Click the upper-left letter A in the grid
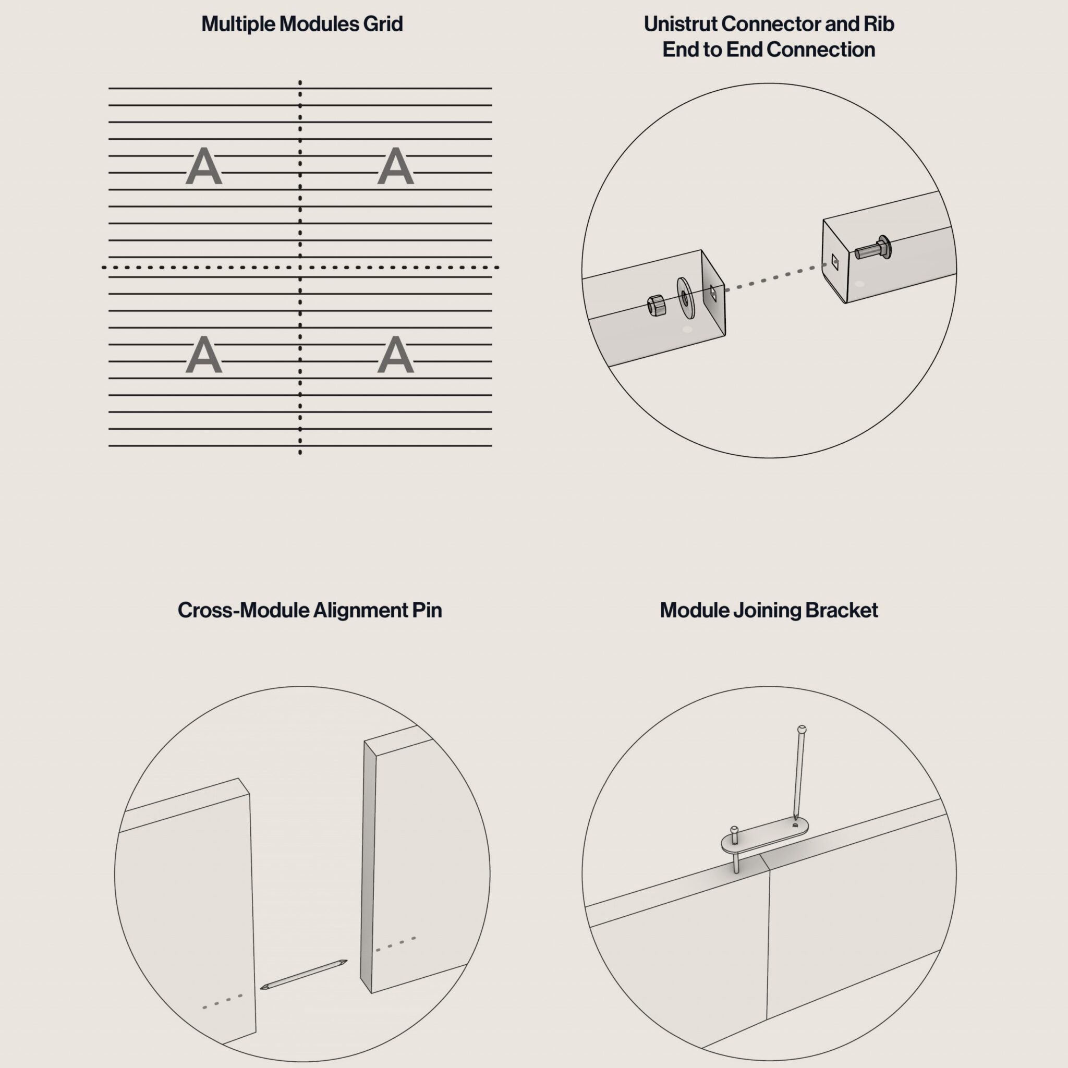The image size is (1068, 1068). [x=203, y=166]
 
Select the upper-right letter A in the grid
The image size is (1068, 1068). [x=395, y=166]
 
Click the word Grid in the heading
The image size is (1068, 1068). [x=383, y=24]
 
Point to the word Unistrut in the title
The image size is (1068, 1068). [x=680, y=24]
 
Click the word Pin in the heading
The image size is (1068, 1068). [x=427, y=610]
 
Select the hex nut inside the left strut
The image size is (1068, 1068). [x=656, y=306]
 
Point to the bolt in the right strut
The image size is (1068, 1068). [x=873, y=249]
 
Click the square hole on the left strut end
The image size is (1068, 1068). [x=713, y=294]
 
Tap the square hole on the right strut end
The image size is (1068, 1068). [x=835, y=262]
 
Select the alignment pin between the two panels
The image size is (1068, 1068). [x=304, y=975]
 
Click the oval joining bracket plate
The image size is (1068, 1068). [x=765, y=834]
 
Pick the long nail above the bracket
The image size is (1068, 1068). [x=799, y=773]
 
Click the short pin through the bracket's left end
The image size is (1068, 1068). [x=735, y=849]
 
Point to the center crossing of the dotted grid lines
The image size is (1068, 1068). [x=300, y=268]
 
